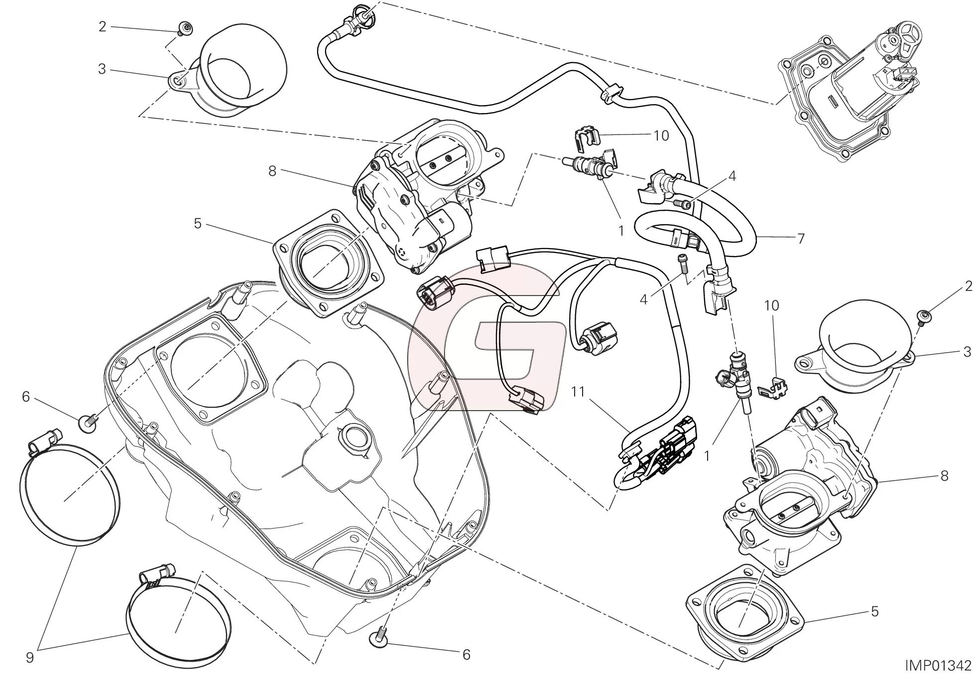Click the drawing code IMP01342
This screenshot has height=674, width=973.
click(x=936, y=666)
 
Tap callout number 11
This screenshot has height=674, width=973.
click(x=577, y=392)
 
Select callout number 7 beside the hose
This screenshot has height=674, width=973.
click(x=800, y=239)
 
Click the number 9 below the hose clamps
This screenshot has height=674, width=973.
click(x=30, y=658)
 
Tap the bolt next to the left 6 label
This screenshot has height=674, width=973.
click(x=86, y=422)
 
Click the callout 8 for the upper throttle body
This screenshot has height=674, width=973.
click(x=272, y=171)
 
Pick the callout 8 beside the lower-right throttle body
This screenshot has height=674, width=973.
click(x=944, y=476)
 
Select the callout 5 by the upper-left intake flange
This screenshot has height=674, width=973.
click(x=198, y=224)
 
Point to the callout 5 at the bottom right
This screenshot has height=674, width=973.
click(x=874, y=611)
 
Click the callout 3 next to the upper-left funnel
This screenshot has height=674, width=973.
click(x=102, y=69)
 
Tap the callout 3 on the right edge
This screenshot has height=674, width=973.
click(x=967, y=352)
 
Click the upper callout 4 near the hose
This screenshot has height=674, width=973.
click(x=731, y=176)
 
